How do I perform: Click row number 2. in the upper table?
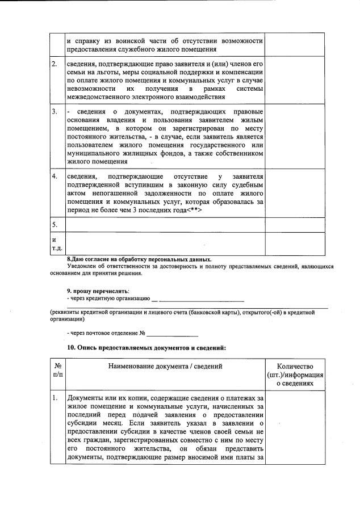[x=55, y=64]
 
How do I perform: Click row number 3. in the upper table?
[x=55, y=112]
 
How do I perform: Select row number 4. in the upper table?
[x=55, y=176]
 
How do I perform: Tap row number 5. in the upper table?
[x=55, y=225]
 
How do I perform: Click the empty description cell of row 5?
[x=165, y=225]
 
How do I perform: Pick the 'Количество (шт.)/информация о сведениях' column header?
[x=295, y=375]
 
